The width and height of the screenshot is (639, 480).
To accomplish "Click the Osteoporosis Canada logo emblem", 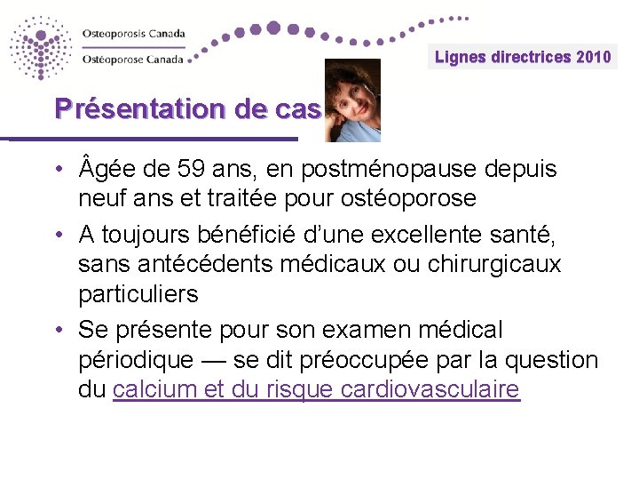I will pos(40,46).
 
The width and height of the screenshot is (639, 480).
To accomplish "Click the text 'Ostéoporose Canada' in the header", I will pos(132,60).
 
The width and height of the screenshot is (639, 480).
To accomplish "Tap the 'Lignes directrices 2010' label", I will pos(523,57).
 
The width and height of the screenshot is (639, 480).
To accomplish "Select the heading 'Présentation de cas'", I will pos(187,109).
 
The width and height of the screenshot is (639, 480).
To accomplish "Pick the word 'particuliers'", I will pos(138,293).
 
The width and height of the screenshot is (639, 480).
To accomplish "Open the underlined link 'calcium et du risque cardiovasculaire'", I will pos(316,390).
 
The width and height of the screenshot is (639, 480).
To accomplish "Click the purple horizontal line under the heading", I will pos(151,139).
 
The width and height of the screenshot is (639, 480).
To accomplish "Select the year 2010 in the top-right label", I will pos(594,57).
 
